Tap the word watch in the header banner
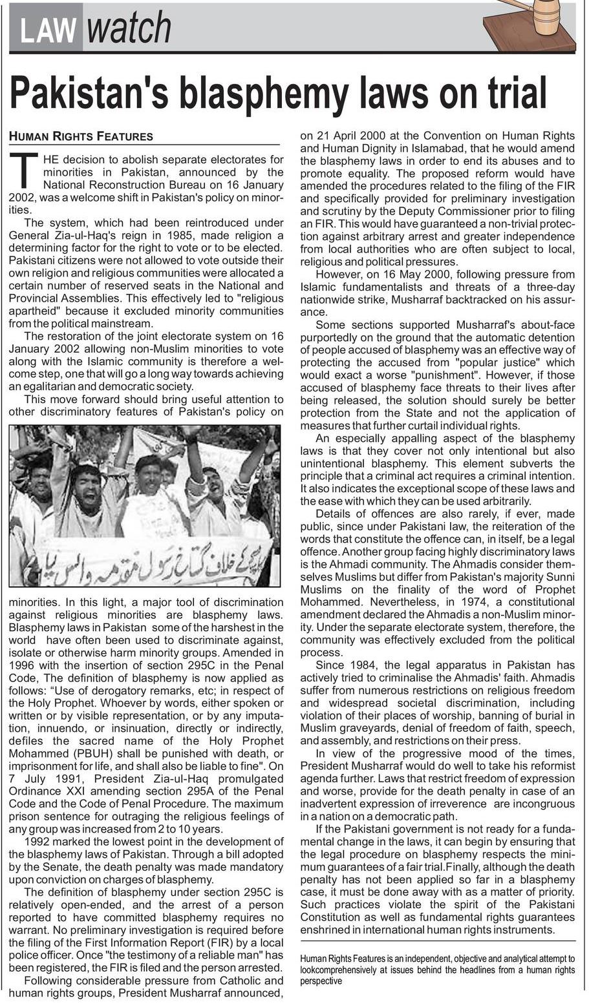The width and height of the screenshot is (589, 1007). pyautogui.click(x=129, y=29)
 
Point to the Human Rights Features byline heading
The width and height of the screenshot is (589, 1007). pyautogui.click(x=81, y=136)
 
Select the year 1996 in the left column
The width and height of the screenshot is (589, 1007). pyautogui.click(x=23, y=665)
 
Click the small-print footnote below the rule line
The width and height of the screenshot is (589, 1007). pyautogui.click(x=437, y=970)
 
